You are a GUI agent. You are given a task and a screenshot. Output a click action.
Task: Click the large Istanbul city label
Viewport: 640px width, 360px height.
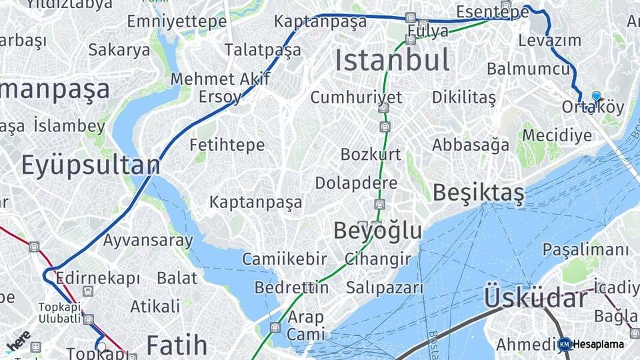392,61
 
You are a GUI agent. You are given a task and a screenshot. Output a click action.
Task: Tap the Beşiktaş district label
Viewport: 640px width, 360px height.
478,193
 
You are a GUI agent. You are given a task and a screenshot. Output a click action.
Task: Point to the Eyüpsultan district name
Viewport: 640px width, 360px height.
91,165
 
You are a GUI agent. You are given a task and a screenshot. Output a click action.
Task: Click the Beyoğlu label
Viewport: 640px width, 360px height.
377,231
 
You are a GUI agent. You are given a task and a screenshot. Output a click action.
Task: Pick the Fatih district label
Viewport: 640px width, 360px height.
177,345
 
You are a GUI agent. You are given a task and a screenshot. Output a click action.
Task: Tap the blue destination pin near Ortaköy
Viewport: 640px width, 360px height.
596,97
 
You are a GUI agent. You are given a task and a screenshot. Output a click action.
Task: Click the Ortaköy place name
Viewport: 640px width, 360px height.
593,107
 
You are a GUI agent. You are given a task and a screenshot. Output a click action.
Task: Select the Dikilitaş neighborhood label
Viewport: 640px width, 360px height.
464,98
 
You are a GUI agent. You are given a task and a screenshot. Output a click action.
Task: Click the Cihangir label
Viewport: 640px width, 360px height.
377,259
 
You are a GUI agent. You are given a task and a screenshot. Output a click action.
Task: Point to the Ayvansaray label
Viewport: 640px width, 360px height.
148,240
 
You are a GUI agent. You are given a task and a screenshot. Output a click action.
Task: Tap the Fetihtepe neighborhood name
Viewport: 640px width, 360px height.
227,145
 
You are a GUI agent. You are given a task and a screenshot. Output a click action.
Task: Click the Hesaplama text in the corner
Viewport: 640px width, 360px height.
599,345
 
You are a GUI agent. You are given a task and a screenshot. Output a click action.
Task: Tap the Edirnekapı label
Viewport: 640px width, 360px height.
98,277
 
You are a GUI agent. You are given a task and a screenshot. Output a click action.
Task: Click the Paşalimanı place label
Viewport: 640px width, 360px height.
585,250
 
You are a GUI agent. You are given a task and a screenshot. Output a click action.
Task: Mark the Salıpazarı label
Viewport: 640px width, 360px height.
385,288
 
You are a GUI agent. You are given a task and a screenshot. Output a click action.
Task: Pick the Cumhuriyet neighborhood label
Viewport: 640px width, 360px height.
356,97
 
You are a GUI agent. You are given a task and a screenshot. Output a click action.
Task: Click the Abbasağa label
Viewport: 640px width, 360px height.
471,145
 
